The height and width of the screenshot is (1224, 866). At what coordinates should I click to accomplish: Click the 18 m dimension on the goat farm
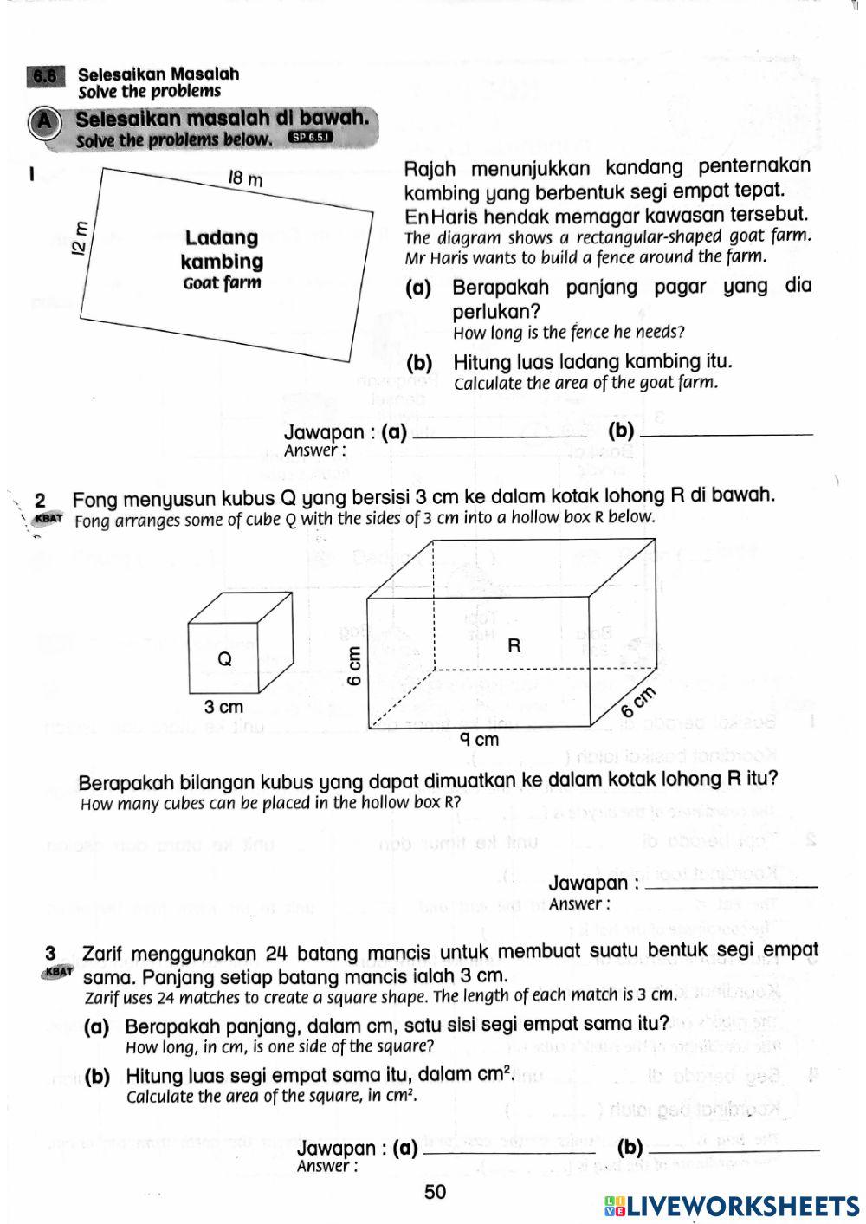[x=244, y=179]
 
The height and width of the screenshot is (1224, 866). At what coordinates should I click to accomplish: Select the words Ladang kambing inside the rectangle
[x=222, y=249]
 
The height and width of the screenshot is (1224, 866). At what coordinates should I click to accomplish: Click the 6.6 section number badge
[x=46, y=77]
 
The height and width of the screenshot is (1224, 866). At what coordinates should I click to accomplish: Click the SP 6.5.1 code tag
[x=310, y=137]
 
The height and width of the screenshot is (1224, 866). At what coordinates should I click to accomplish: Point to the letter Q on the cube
[x=224, y=659]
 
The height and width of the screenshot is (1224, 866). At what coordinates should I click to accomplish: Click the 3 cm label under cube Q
[x=223, y=707]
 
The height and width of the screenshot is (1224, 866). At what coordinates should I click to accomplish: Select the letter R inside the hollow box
[x=514, y=645]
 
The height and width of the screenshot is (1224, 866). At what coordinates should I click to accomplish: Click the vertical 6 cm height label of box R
[x=353, y=664]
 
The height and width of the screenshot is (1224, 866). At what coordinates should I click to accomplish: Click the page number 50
[x=435, y=1192]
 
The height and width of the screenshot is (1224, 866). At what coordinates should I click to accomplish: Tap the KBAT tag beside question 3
[x=58, y=972]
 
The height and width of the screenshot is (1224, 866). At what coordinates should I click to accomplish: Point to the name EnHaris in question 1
[x=441, y=215]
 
